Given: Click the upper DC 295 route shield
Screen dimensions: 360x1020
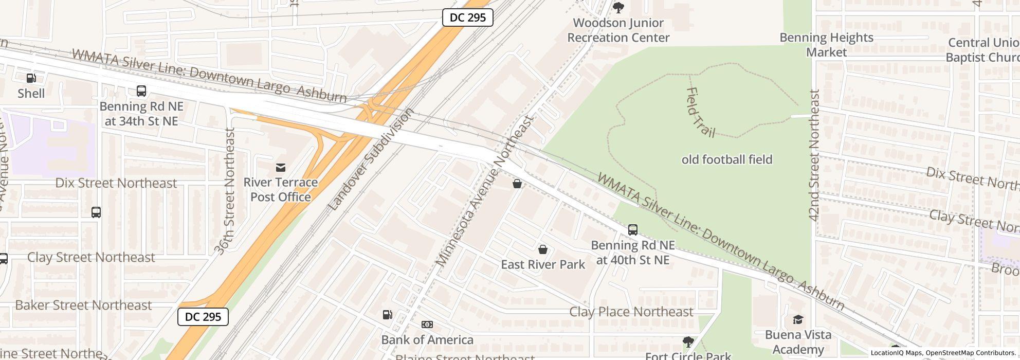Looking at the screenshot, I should click(x=467, y=17).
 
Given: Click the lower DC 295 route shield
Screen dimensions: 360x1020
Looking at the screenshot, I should click(x=203, y=317).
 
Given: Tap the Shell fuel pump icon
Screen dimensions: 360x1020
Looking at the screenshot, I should click(x=31, y=78).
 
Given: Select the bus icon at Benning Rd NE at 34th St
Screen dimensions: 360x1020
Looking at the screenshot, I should click(x=141, y=91).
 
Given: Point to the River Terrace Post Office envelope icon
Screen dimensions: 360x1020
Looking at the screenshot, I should click(x=281, y=167).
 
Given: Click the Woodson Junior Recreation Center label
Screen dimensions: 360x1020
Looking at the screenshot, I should click(x=618, y=30).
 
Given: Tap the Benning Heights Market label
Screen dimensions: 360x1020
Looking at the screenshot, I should click(x=826, y=45).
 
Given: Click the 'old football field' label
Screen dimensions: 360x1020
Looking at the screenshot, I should click(x=727, y=159).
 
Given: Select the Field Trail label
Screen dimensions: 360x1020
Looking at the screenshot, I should click(x=700, y=112).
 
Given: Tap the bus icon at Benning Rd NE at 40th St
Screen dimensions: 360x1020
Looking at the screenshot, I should click(x=633, y=230).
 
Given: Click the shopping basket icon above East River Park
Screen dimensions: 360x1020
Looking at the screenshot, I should click(x=542, y=250).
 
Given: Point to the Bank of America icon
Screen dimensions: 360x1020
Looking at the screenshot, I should click(x=427, y=325).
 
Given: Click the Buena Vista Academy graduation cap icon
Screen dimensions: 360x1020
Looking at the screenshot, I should click(x=798, y=320).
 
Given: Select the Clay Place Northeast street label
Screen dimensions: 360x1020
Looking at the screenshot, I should click(x=631, y=312).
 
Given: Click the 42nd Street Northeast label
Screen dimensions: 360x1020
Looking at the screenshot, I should click(x=814, y=155).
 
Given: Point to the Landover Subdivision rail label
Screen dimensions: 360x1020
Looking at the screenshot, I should click(x=370, y=159).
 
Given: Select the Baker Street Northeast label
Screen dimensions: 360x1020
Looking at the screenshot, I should click(x=83, y=305).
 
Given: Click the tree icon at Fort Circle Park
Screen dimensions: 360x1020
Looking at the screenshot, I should click(x=688, y=341).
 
